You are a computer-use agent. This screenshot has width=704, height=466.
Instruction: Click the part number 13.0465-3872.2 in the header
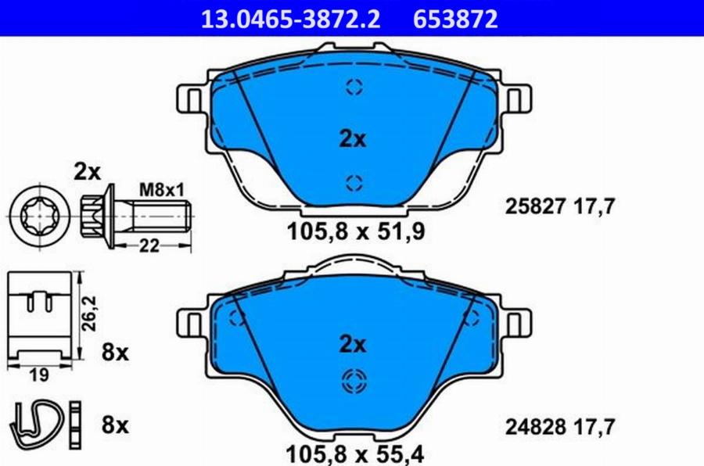290,20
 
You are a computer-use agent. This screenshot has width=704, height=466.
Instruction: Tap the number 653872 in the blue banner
455,20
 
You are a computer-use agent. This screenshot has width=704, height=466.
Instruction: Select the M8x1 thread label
162,190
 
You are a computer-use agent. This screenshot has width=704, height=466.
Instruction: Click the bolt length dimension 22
149,246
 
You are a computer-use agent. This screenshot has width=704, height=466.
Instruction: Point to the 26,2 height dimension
89,314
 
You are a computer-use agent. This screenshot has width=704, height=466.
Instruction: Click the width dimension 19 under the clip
38,375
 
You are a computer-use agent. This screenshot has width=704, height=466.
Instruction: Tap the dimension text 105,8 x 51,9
355,232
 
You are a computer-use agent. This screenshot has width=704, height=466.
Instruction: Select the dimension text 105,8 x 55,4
354,453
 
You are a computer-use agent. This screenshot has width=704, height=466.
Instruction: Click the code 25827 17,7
559,206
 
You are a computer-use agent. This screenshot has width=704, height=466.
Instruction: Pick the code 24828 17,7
559,427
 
